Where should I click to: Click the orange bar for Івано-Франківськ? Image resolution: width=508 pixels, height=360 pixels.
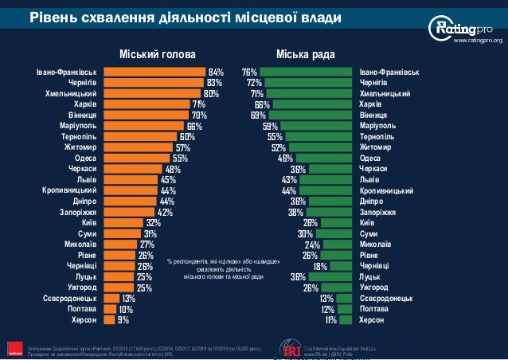point(154,72)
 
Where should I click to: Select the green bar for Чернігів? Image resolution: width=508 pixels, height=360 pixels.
point(309,82)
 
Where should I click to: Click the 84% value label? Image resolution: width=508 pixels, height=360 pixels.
point(216,72)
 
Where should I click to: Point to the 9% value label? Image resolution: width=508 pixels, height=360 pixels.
point(123,319)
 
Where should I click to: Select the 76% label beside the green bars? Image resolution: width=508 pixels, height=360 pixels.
point(249,72)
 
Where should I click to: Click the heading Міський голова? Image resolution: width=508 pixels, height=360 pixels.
point(157,54)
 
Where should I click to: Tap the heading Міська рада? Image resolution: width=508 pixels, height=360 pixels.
point(306,54)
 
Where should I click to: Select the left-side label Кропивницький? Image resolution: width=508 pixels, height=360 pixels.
point(68,190)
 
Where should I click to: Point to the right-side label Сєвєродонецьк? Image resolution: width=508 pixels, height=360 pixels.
point(386,298)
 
